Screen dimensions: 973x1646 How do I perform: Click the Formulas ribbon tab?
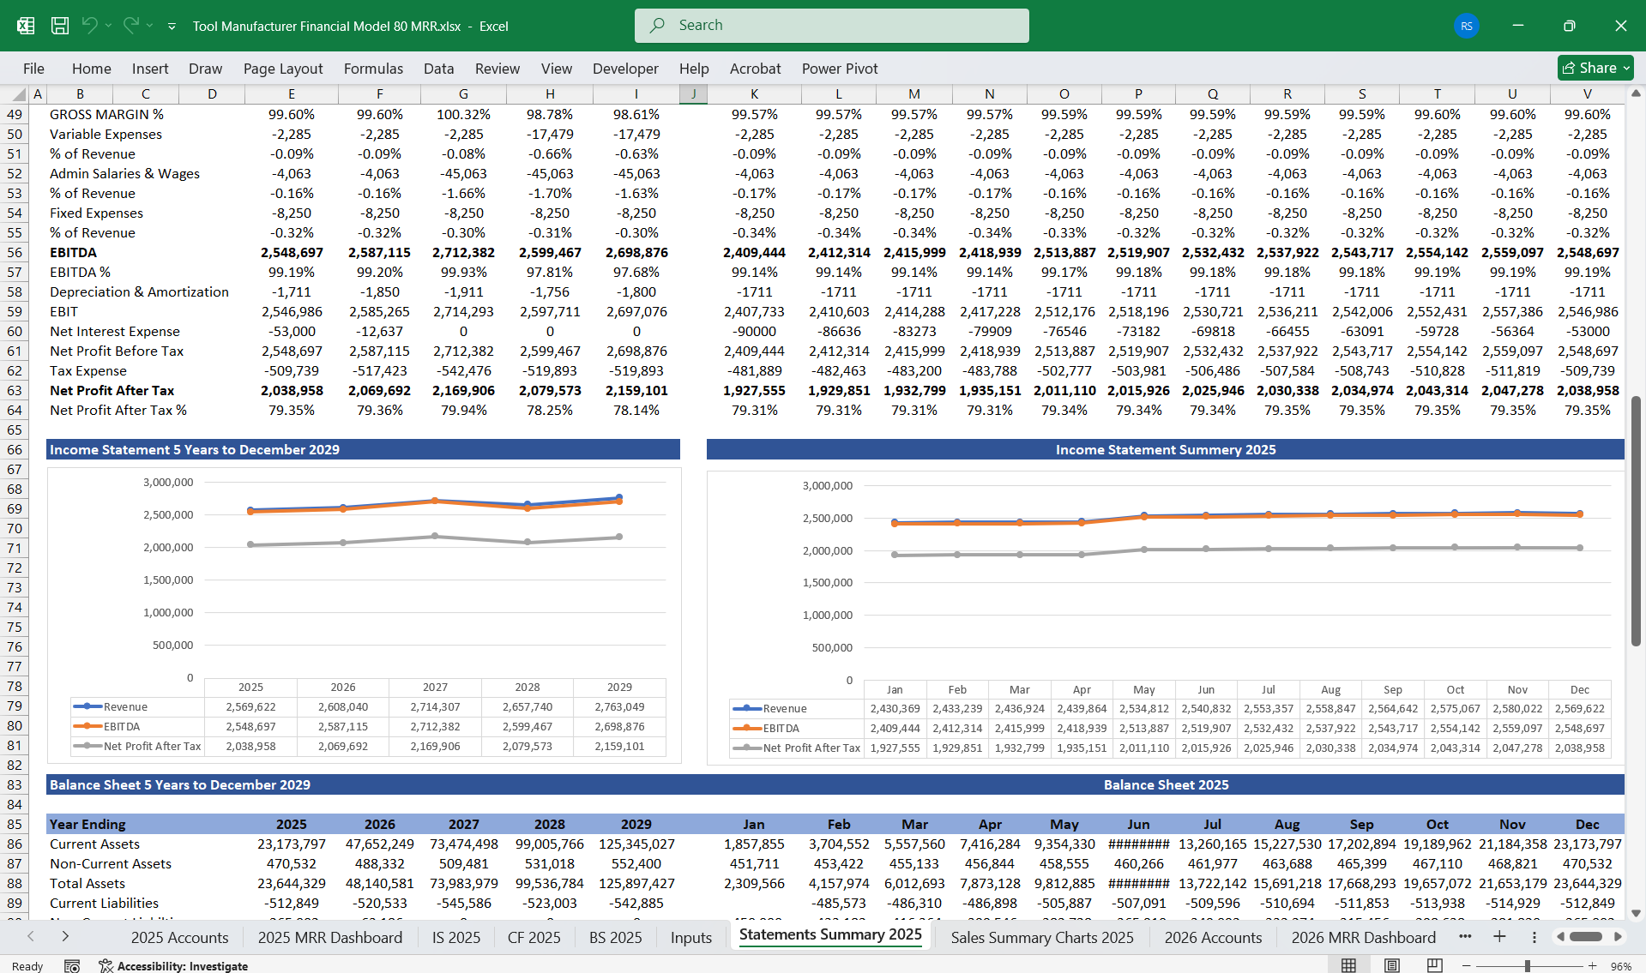pos(373,69)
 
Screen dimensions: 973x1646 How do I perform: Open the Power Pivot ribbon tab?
pos(839,69)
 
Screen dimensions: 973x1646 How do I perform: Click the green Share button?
pos(1595,68)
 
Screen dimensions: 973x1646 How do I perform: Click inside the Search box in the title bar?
pos(831,26)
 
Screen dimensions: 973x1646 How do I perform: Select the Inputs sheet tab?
pos(690,937)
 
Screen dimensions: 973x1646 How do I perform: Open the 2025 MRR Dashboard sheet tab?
pos(329,937)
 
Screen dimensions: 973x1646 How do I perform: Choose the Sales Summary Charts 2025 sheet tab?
pos(1041,937)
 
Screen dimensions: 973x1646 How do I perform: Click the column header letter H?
pos(550,93)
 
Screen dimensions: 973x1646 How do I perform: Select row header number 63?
pos(15,391)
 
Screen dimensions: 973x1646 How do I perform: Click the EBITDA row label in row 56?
pos(74,253)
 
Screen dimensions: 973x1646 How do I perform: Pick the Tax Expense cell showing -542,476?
pos(463,371)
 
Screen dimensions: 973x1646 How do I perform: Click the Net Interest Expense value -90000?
pos(755,332)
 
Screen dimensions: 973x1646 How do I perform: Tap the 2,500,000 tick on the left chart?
pos(168,515)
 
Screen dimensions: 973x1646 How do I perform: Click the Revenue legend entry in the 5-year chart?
pos(125,707)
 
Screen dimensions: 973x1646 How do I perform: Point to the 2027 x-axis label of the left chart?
pos(435,688)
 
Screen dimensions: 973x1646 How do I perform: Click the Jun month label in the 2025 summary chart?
pos(1205,690)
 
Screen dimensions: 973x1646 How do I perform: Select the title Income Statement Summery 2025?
pos(1165,450)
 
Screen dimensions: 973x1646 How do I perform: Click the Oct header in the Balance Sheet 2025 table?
pos(1437,825)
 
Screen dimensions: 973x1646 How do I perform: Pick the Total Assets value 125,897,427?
pos(636,884)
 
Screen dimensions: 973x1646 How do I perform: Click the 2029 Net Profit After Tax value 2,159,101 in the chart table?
pos(619,747)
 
